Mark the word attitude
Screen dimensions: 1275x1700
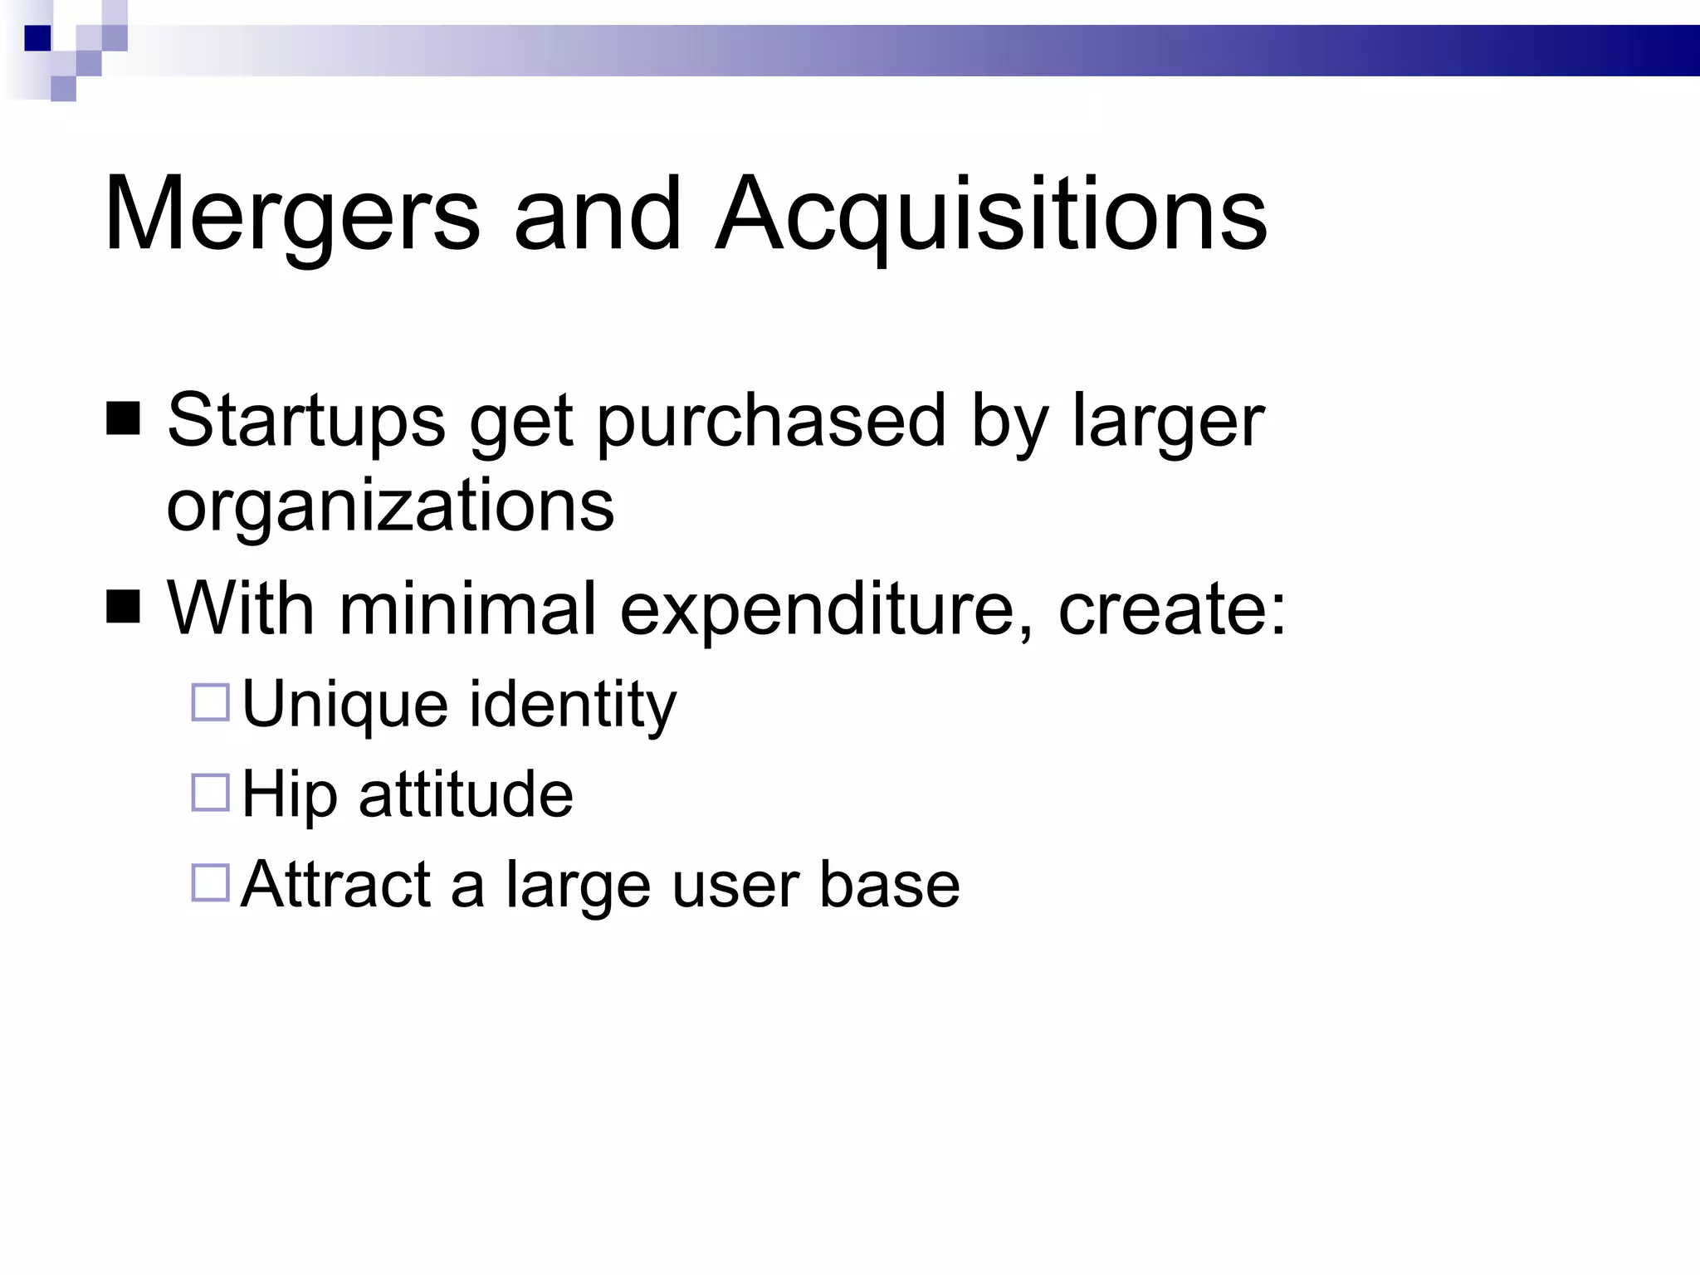tap(466, 794)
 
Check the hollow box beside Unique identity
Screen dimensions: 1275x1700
tap(210, 702)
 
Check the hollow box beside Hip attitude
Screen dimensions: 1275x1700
tap(210, 792)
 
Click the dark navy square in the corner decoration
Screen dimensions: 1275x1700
tap(37, 38)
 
